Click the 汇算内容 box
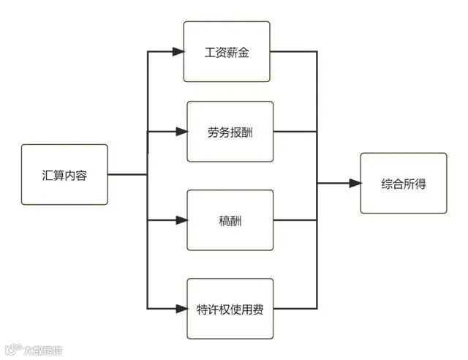point(64,174)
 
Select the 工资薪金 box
point(226,51)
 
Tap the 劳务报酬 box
point(230,132)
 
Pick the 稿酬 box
point(230,220)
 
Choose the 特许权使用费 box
point(230,308)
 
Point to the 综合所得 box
point(403,183)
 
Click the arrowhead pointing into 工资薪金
point(178,52)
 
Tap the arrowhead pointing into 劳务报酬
point(181,132)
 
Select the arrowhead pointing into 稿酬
point(181,220)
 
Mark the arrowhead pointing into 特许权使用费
point(181,308)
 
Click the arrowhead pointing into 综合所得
point(355,183)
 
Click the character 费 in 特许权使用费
point(257,309)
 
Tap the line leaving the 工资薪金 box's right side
point(292,52)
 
